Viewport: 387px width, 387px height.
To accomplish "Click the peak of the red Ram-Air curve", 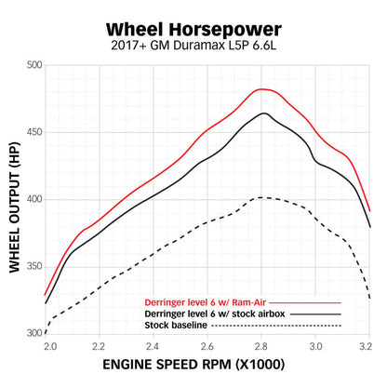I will point(263,89).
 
